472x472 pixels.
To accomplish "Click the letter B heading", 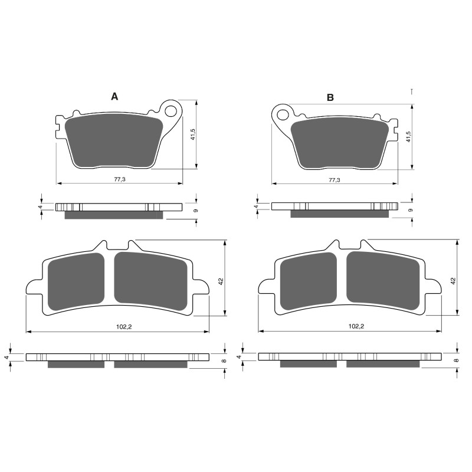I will (x=330, y=97).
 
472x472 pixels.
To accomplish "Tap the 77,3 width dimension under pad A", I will (x=119, y=179).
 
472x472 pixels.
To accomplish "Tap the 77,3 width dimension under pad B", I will (x=334, y=179).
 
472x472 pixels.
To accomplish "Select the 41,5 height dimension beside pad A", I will (x=192, y=136).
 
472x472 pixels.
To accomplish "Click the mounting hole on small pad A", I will (x=172, y=110).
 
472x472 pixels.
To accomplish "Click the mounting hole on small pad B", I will (x=281, y=114).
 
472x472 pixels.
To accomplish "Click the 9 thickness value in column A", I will (x=195, y=210).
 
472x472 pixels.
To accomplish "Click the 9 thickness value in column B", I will (x=410, y=210).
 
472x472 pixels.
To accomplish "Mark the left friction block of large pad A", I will (x=75, y=283).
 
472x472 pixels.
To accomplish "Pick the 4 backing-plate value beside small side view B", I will (x=256, y=206).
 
